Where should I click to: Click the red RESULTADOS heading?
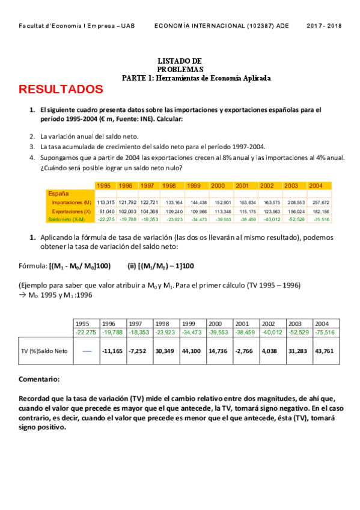click(61, 90)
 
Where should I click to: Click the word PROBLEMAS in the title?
click(180, 69)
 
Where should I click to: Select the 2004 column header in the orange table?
click(316, 185)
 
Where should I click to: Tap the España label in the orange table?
click(58, 194)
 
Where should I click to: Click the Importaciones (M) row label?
click(71, 203)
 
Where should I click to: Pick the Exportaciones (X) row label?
click(71, 212)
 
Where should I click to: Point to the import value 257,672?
click(316, 203)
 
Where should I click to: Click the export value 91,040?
click(106, 212)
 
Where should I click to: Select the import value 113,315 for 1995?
click(106, 203)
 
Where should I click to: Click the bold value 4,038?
click(268, 351)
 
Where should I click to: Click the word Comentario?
click(39, 380)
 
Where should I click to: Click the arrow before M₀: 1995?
click(23, 295)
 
